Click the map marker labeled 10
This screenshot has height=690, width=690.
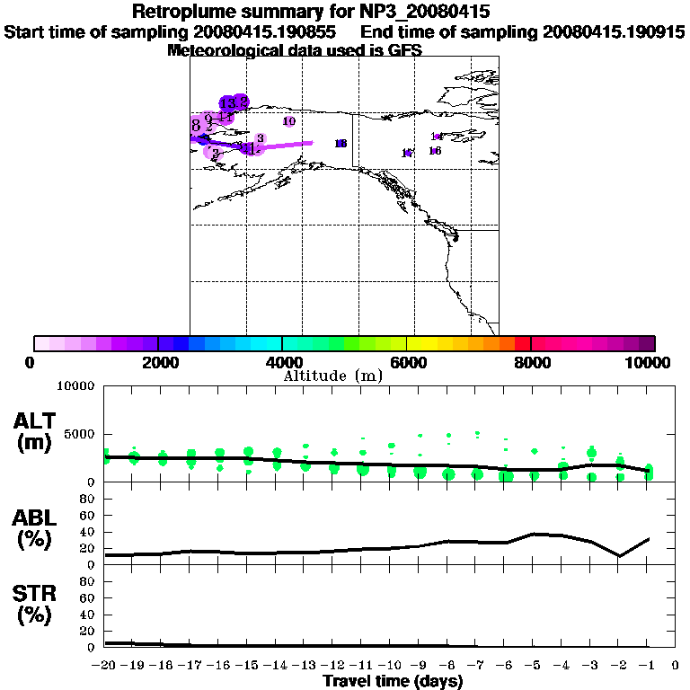(x=288, y=121)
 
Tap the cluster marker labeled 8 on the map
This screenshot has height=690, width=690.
(x=196, y=125)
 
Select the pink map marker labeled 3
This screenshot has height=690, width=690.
(x=260, y=138)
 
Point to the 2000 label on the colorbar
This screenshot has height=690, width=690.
(x=158, y=362)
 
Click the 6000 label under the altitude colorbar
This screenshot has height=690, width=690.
(x=407, y=362)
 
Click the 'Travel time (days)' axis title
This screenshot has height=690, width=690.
(x=393, y=682)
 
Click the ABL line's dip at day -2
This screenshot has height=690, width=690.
(x=619, y=556)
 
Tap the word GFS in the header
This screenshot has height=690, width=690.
(x=405, y=51)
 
